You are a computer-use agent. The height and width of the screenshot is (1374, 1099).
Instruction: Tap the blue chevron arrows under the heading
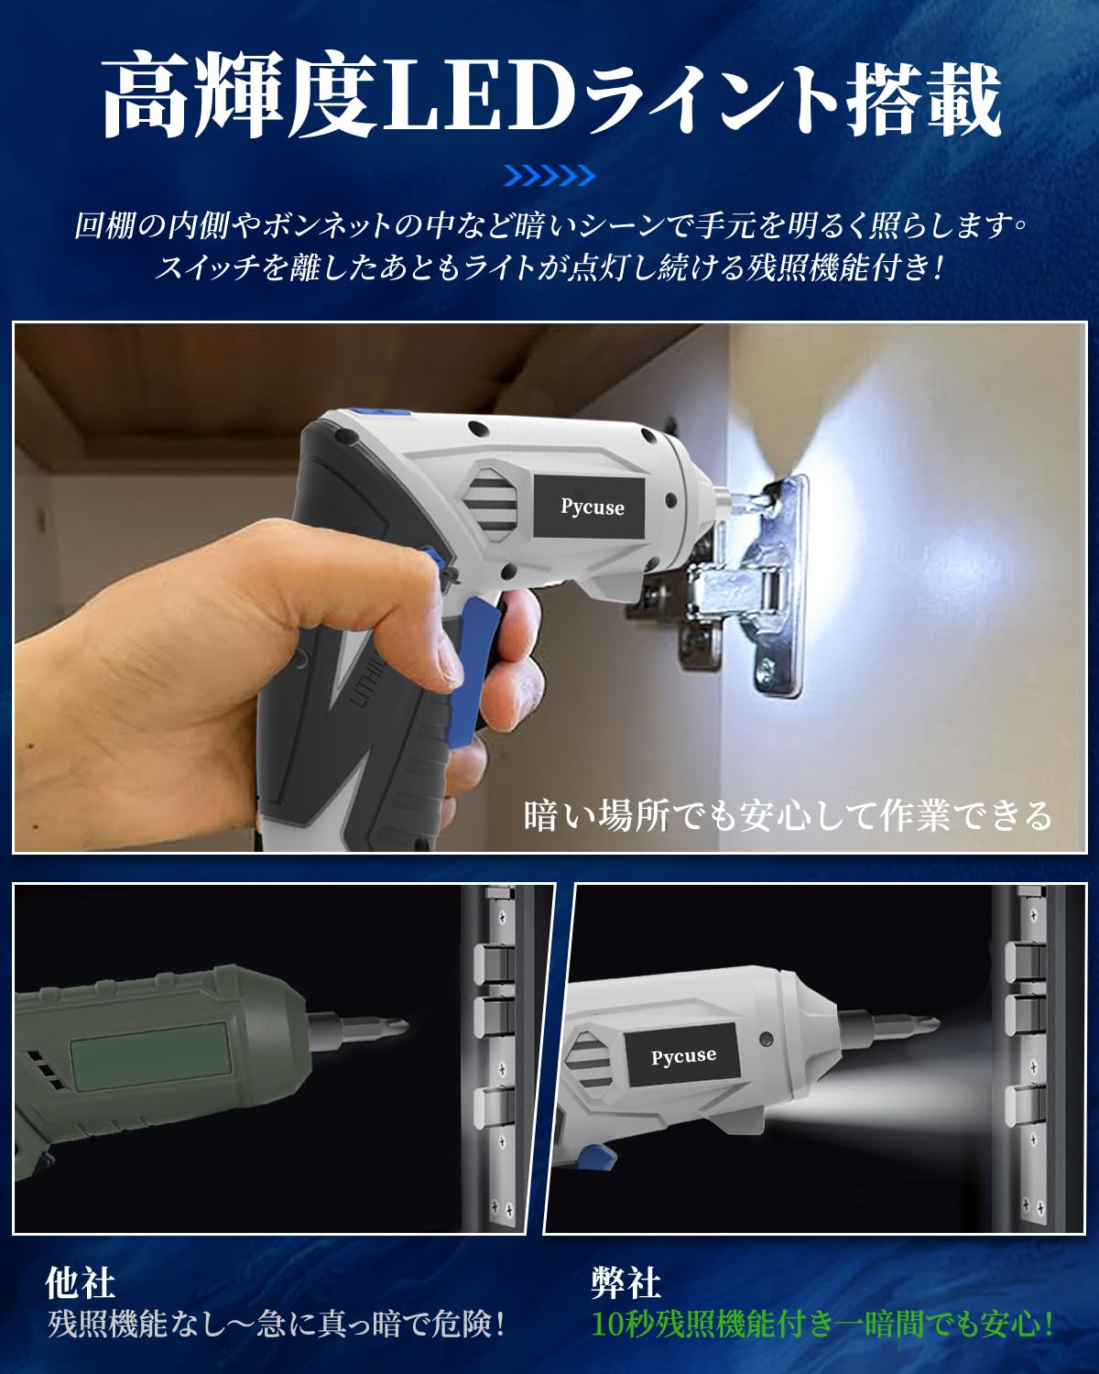click(x=549, y=175)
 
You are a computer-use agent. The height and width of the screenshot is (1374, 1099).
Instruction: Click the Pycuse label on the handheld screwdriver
click(x=593, y=507)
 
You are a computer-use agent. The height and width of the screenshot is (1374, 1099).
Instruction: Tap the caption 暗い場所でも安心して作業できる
click(x=788, y=814)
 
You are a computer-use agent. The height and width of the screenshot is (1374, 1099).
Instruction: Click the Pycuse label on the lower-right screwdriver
click(x=683, y=1055)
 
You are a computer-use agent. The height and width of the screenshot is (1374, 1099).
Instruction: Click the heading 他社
click(x=81, y=1283)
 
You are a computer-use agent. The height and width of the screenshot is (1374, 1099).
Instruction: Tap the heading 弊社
click(x=626, y=1283)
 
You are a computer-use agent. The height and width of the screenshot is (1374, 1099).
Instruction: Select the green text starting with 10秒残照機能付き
click(x=822, y=1324)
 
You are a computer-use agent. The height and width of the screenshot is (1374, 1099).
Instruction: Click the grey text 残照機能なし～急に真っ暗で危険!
click(x=277, y=1324)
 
